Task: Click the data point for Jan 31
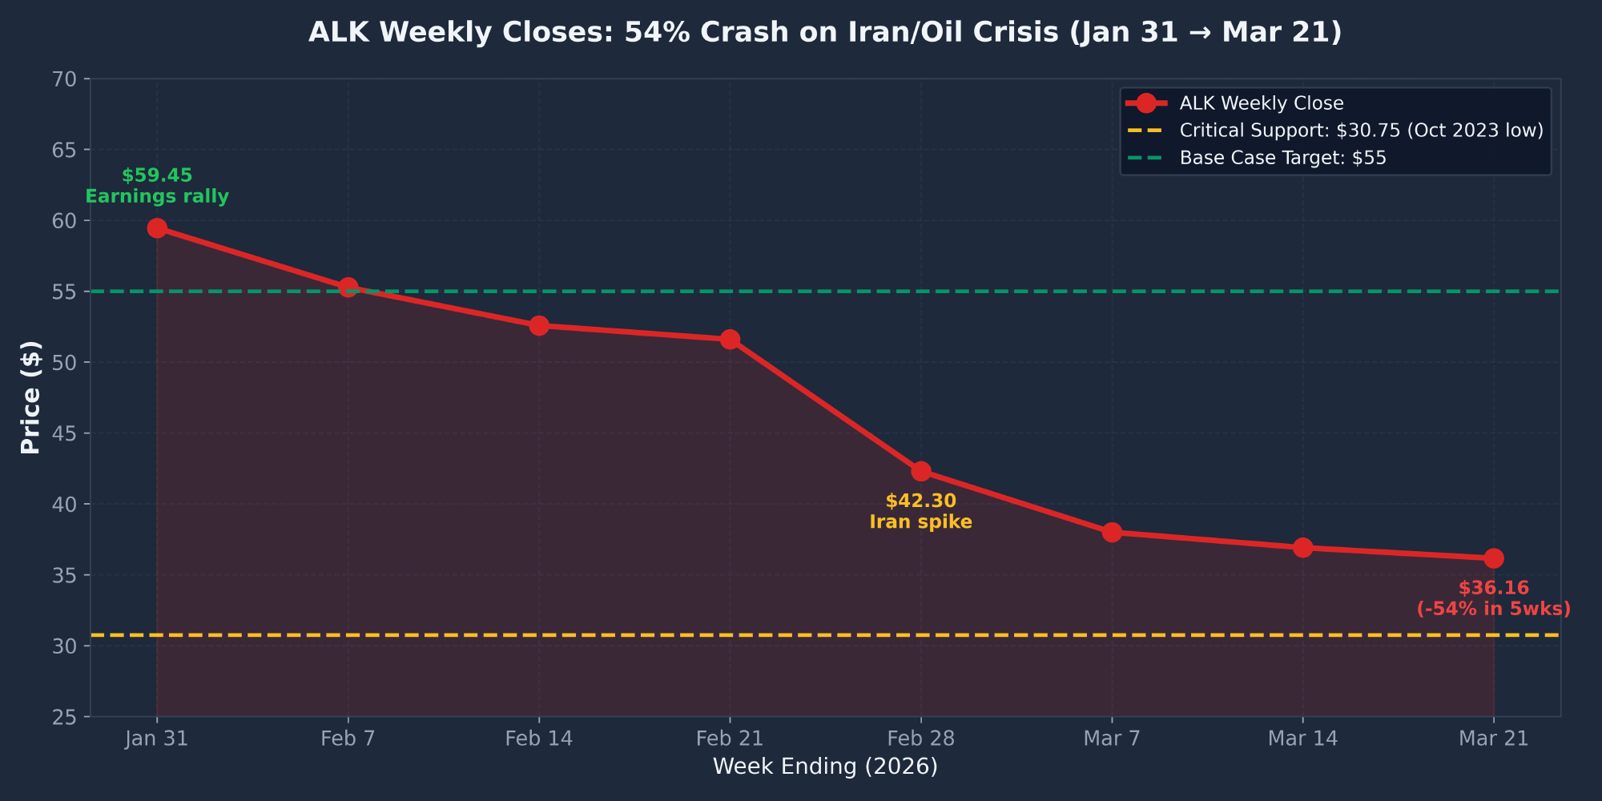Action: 157,228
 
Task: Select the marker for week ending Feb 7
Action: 348,287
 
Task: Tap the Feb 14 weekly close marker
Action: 539,325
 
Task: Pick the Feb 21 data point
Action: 730,340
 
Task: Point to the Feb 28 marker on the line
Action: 921,471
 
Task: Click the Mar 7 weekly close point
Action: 1112,532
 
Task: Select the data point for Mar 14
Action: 1303,548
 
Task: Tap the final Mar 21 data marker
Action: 1494,558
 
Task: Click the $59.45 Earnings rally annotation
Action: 157,186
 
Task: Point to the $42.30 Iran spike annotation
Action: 921,512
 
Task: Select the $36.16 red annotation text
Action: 1494,598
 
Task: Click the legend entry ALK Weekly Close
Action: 1261,103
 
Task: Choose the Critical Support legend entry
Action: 1361,131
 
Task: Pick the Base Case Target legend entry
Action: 1282,158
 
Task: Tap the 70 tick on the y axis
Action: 65,79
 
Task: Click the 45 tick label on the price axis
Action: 65,433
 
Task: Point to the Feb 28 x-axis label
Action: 921,739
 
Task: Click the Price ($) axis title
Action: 30,397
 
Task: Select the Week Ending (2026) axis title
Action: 825,767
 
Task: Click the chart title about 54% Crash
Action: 825,32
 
